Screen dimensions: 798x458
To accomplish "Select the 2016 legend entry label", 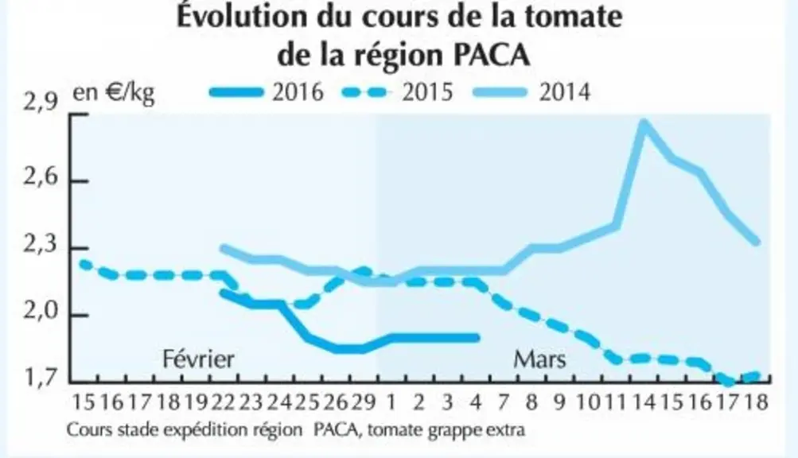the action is [298, 92].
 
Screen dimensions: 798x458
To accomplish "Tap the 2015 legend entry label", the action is [427, 92].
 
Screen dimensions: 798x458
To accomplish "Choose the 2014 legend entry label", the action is [564, 92].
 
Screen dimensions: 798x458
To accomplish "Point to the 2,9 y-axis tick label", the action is [41, 103].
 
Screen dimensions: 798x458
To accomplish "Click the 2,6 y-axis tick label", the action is [41, 180].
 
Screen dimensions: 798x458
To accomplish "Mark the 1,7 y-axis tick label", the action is [41, 378].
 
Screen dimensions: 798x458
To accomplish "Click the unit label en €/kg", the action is [114, 94].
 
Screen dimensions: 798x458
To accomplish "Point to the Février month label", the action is [198, 359].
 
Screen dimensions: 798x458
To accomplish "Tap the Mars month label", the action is [539, 359].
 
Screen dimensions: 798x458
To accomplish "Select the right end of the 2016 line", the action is [477, 337].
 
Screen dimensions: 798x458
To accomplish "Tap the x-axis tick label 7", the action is [504, 402].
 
